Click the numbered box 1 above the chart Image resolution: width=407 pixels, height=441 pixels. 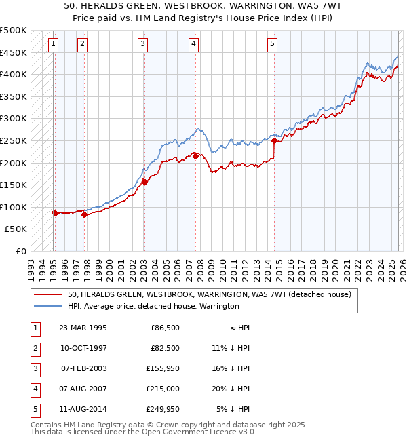coord(54,44)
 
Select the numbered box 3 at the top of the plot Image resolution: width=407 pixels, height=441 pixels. coord(143,44)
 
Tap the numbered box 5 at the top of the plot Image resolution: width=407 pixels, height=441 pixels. coord(272,44)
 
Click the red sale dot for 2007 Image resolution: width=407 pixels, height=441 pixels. coord(195,156)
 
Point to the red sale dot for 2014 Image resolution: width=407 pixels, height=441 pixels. coord(274,141)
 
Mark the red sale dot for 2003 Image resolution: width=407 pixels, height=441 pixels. coord(144,182)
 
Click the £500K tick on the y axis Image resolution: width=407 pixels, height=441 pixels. coord(14,31)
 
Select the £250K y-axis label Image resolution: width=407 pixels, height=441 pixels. coord(14,140)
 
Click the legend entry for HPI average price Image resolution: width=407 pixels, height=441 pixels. coord(153,306)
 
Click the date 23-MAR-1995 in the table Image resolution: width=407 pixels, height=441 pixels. coord(83,328)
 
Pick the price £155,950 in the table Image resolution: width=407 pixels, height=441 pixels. coord(163,368)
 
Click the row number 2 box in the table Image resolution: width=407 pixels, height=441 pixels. coord(34,348)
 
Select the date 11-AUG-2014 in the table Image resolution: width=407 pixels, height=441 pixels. coord(83,409)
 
